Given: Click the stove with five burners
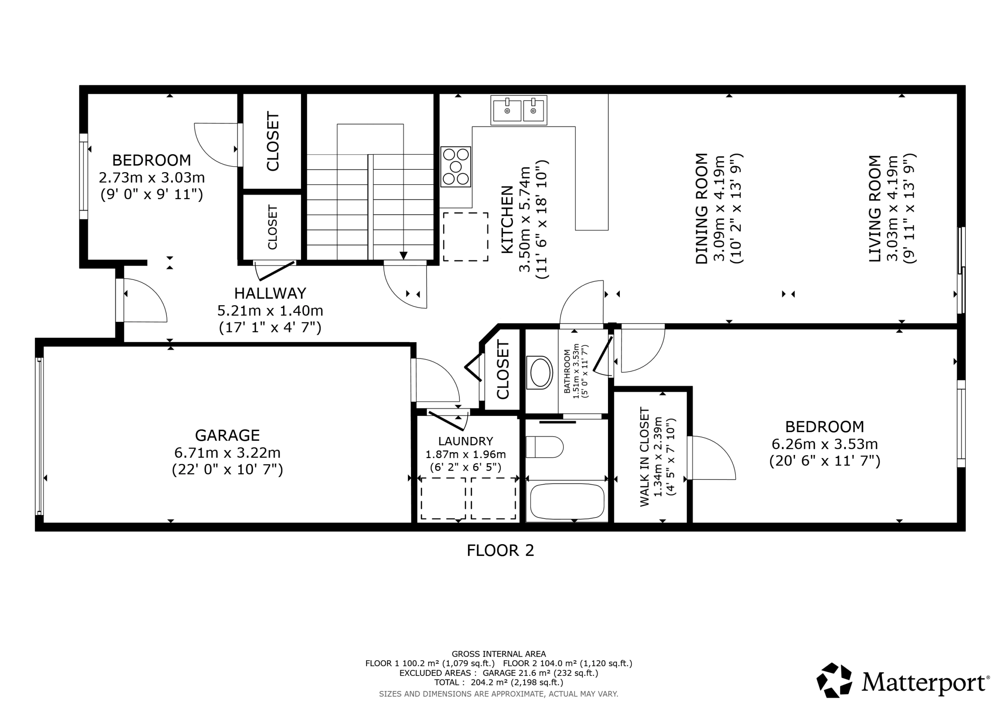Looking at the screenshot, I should (456, 167).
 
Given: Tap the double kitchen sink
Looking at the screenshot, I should (519, 110).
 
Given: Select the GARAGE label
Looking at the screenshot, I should (227, 435).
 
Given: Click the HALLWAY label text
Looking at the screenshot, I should (270, 293).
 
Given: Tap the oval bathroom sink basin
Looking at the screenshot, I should (541, 372).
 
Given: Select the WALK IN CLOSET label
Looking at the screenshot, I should (644, 457).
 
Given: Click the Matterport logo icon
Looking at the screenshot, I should (834, 680).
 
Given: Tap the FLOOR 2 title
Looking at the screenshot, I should (500, 550).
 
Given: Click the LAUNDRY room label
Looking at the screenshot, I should (466, 441).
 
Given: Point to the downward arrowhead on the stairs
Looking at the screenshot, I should (403, 256).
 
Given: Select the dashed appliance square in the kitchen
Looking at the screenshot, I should (466, 237).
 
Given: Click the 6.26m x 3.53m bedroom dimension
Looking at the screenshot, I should (824, 444).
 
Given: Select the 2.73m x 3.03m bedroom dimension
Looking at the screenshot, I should (152, 178).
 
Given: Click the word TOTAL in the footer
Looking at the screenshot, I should (447, 682).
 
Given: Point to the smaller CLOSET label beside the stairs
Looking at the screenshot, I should (273, 227).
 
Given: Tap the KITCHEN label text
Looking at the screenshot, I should (507, 219).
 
